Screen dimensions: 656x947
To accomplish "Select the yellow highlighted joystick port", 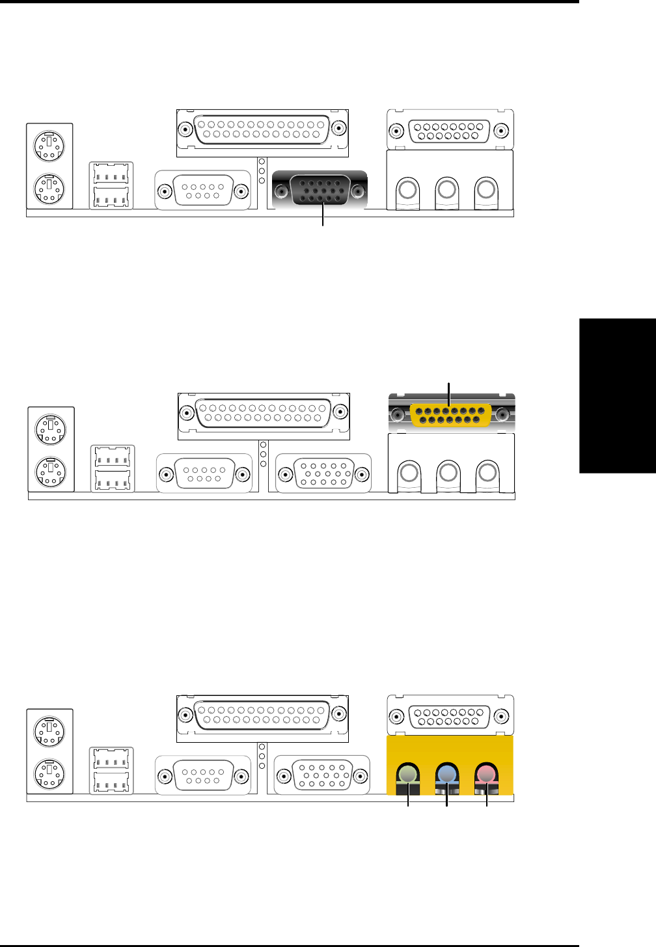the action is coord(450,415).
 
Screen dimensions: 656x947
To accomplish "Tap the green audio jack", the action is coord(407,774).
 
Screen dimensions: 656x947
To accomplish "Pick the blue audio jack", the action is coord(446,774).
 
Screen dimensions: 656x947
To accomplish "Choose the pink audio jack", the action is coord(485,774).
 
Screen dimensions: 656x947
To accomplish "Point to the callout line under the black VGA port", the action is coord(323,215).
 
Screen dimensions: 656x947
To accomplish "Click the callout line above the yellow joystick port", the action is coord(449,393).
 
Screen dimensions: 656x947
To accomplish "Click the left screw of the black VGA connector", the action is coord(282,192).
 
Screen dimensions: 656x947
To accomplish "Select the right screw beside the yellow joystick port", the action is coord(502,414).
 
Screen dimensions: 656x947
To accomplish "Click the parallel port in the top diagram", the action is coord(262,129).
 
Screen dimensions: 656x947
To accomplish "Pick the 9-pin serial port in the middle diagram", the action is coord(204,473).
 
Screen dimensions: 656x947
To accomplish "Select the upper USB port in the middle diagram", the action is coord(113,456).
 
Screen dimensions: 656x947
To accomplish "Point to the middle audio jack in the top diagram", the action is coord(446,189).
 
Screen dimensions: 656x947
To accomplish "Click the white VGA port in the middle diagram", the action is coord(323,473).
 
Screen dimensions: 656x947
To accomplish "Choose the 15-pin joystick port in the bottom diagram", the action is coord(449,717).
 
